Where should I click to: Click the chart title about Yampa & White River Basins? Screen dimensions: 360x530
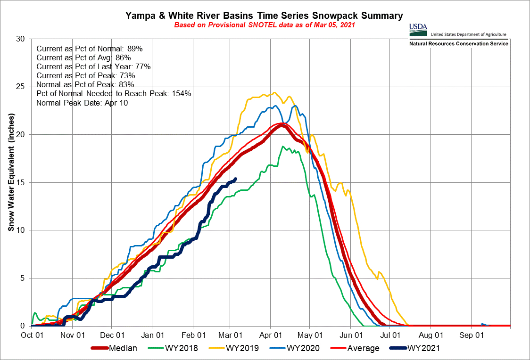264,16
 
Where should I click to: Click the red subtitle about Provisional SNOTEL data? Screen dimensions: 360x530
264,25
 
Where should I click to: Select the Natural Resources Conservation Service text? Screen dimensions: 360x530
459,44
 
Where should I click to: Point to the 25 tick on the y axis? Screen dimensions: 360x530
20,87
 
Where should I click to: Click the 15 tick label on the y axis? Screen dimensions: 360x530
20,182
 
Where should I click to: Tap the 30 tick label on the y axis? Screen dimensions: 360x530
20,39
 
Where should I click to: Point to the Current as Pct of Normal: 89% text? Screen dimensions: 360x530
89,49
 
